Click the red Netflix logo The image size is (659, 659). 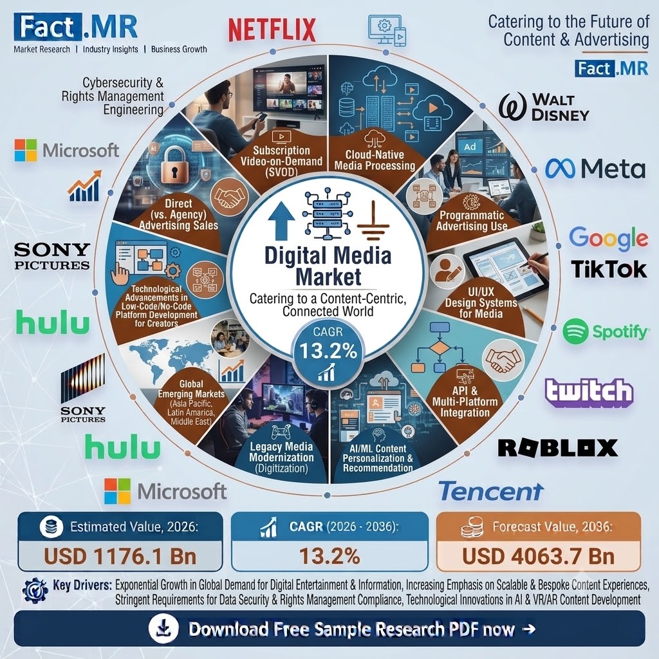272,30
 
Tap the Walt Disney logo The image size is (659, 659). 543,107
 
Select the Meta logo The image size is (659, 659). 595,169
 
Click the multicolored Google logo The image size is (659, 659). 608,238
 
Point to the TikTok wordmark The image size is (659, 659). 609,270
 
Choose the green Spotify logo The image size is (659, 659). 606,331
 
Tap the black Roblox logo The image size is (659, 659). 558,448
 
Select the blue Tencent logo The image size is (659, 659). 491,491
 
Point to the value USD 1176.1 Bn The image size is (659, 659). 120,557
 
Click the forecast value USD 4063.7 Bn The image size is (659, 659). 539,557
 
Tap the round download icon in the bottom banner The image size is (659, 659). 163,629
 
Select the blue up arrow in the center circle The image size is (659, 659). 281,219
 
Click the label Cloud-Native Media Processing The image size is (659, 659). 375,160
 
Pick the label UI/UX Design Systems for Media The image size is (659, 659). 481,302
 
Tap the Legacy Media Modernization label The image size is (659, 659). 282,458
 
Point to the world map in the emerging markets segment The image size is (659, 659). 170,360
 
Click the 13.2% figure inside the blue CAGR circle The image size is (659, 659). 328,351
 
